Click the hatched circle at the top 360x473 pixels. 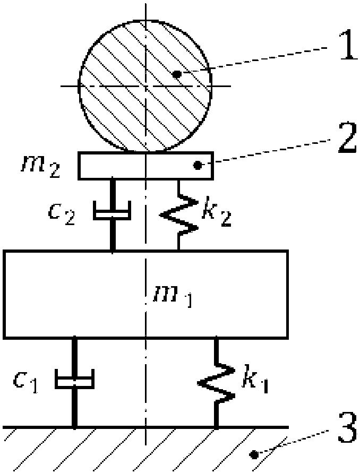(x=145, y=85)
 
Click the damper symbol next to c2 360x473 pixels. (x=112, y=213)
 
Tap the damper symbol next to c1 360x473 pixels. (x=74, y=380)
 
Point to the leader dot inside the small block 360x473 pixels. (x=198, y=166)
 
